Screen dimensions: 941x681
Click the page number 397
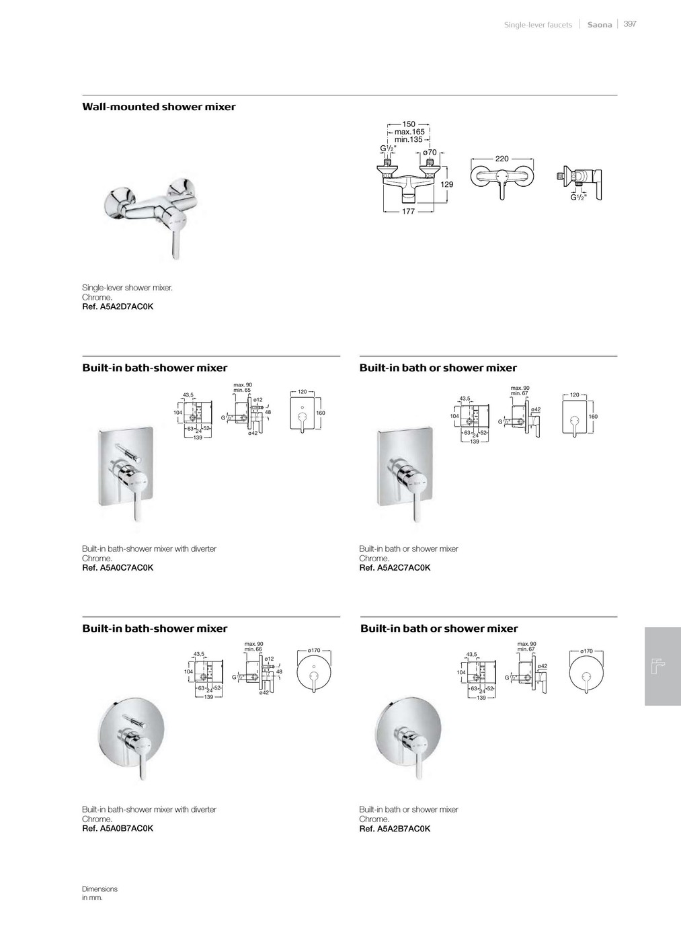coord(629,24)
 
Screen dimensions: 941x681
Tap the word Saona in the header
coord(600,25)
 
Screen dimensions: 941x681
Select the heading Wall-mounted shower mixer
coord(159,107)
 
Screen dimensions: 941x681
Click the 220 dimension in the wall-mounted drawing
coord(502,159)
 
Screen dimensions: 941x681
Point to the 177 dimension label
coord(408,211)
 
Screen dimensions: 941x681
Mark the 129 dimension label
coord(447,184)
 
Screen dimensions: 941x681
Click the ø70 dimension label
coord(430,153)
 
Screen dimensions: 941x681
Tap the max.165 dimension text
coord(409,132)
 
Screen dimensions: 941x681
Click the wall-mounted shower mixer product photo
coord(153,215)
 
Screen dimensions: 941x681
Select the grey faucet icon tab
coord(662,666)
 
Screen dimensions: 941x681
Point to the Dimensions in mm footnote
coord(99,893)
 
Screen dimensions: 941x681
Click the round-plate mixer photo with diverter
coord(130,735)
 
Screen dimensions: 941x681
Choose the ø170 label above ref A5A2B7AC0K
coord(586,651)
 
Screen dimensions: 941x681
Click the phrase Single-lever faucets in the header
coord(538,25)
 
